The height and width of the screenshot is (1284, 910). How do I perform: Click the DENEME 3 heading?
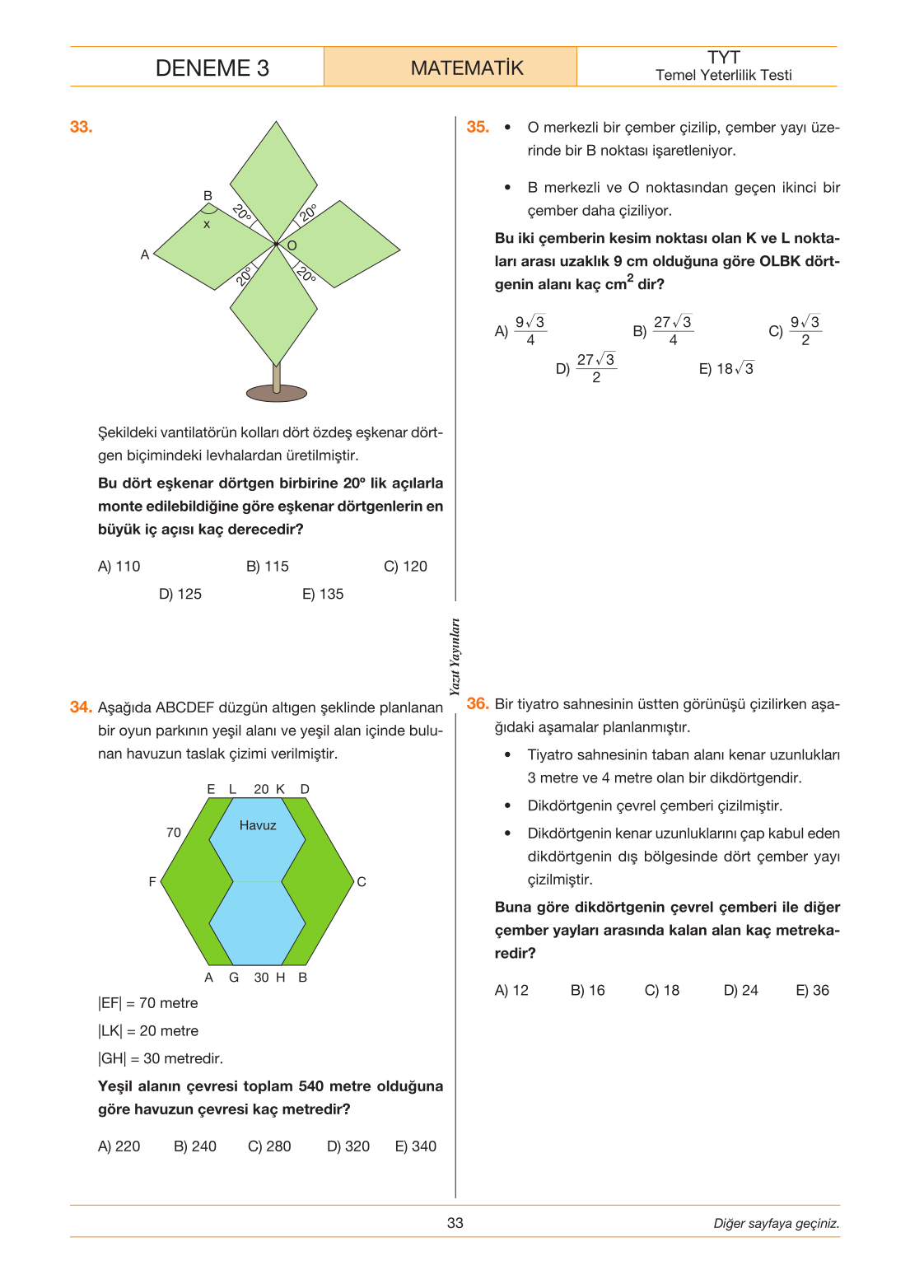click(212, 68)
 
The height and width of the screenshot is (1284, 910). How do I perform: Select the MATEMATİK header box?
click(450, 67)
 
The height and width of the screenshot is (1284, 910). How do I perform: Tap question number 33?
click(82, 127)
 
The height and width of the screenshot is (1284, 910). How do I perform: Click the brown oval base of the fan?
click(276, 393)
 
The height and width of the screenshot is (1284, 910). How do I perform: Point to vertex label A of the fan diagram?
click(145, 254)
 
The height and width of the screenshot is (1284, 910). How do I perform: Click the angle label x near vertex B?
click(207, 225)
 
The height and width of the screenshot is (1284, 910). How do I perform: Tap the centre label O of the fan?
click(292, 246)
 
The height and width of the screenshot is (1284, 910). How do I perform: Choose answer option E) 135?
click(323, 594)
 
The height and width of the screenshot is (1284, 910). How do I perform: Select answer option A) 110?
click(119, 567)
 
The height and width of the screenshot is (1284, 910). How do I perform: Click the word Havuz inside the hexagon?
click(258, 825)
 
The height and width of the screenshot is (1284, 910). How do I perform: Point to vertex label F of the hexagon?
click(152, 881)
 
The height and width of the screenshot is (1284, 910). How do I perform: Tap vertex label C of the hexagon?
click(362, 881)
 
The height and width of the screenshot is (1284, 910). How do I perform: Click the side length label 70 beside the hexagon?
click(174, 833)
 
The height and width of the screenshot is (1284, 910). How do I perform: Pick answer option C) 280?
click(269, 1146)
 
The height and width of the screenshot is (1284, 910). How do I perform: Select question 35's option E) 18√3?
click(726, 369)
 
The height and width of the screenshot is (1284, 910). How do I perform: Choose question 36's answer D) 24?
click(741, 990)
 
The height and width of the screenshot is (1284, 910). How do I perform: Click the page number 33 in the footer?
click(455, 1223)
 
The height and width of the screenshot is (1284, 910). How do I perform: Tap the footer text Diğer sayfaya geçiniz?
click(777, 1223)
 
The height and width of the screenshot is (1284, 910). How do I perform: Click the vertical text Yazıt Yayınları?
click(455, 657)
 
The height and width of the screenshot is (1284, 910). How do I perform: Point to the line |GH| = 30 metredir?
click(161, 1058)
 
